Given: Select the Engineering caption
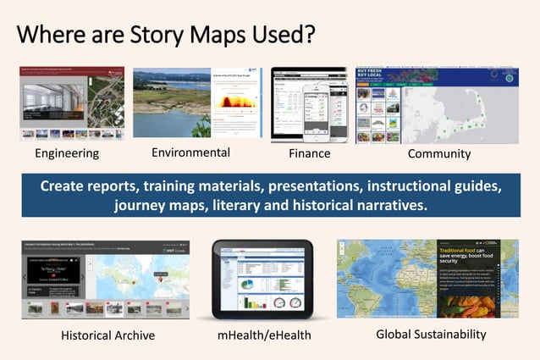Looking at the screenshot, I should pyautogui.click(x=67, y=153).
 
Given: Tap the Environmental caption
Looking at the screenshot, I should pyautogui.click(x=190, y=152).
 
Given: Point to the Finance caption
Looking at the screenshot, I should pyautogui.click(x=309, y=153).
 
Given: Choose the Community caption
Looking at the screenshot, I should pyautogui.click(x=439, y=153).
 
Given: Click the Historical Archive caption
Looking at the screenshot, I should pyautogui.click(x=107, y=335).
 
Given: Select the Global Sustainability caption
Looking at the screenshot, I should pyautogui.click(x=431, y=334).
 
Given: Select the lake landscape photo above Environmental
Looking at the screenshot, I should pyautogui.click(x=169, y=102).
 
